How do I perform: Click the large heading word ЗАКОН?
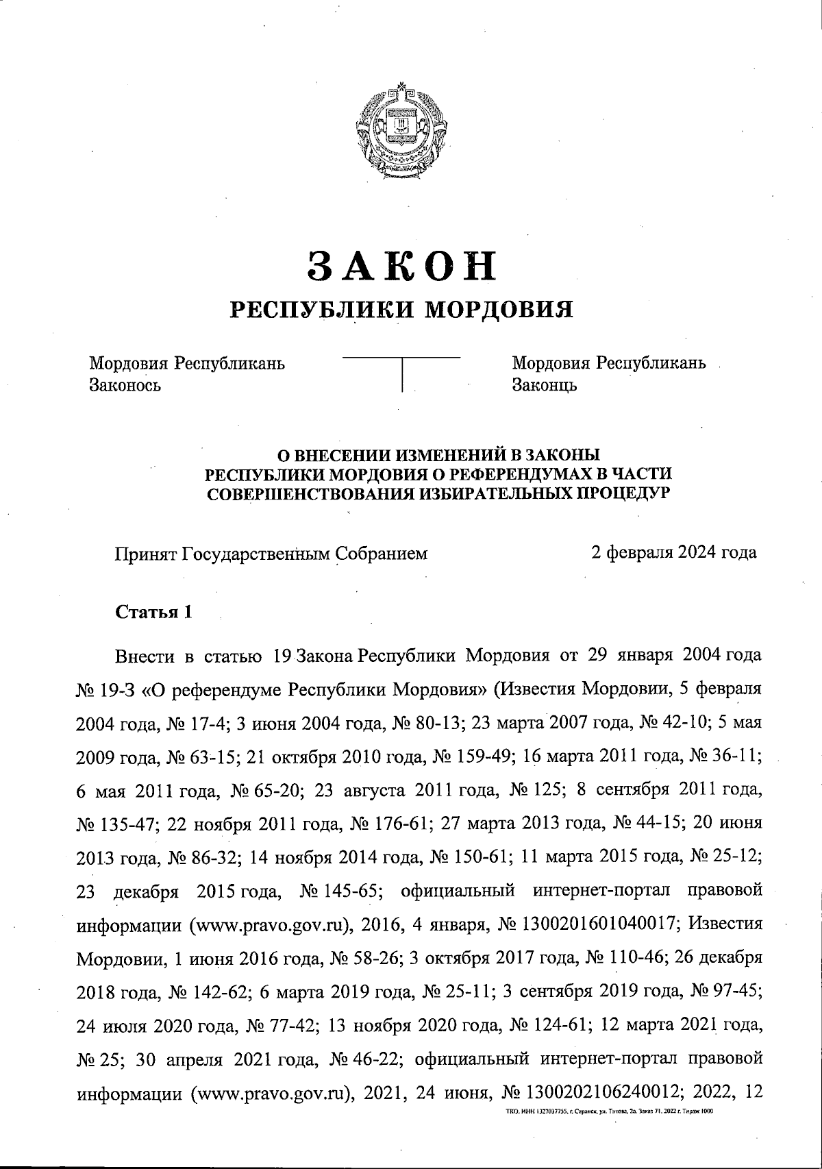tap(401, 266)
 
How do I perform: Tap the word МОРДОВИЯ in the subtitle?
tap(496, 309)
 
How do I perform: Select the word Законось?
tap(125, 384)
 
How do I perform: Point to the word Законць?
tap(545, 384)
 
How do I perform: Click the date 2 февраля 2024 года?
tap(674, 552)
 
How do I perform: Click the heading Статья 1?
tap(153, 612)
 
